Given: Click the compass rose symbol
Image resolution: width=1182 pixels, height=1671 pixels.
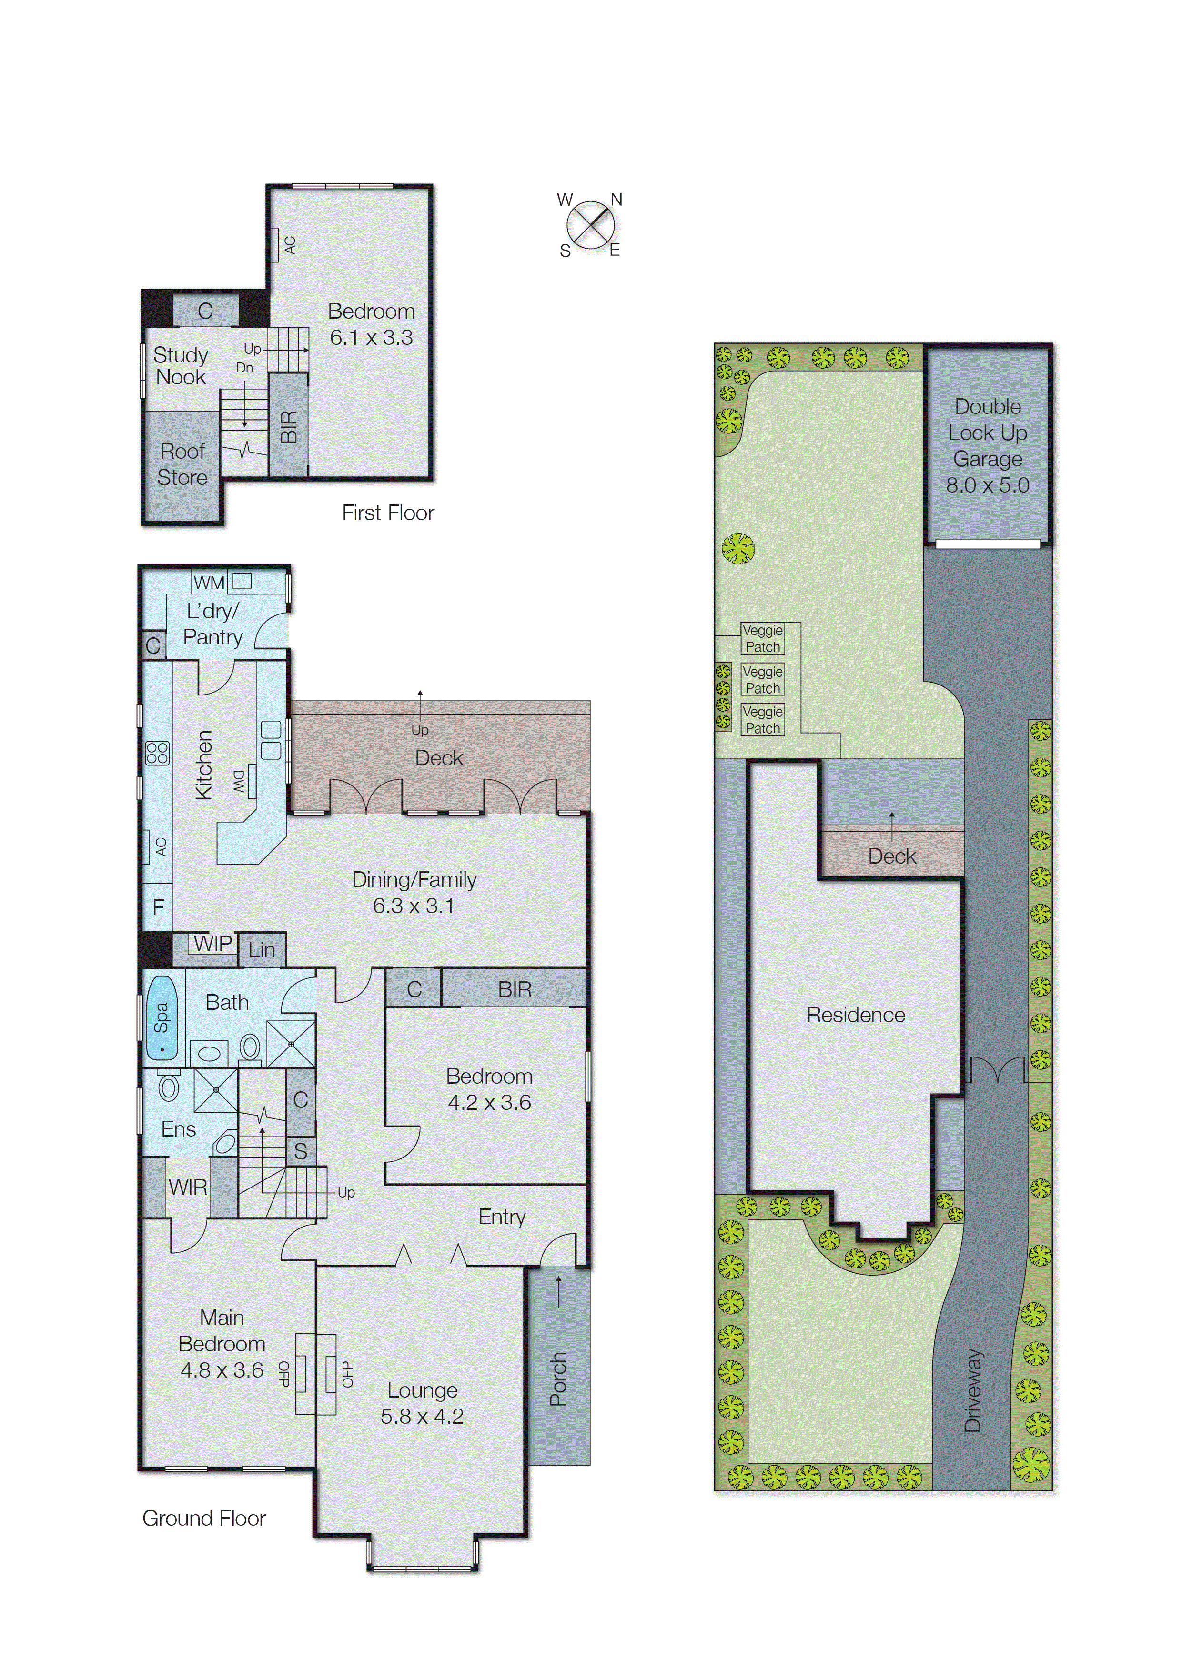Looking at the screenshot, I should pyautogui.click(x=590, y=224).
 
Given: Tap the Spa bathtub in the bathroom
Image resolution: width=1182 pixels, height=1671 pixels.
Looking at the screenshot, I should pyautogui.click(x=162, y=1017).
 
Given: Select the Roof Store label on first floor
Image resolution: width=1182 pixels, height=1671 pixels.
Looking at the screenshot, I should pyautogui.click(x=182, y=464).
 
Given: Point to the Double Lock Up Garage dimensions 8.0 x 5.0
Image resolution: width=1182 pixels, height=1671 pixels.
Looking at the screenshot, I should pyautogui.click(x=987, y=485).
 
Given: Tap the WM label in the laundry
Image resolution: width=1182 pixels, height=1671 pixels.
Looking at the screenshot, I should pyautogui.click(x=209, y=583).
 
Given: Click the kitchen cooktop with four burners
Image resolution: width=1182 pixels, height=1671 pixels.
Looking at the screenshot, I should pyautogui.click(x=157, y=753).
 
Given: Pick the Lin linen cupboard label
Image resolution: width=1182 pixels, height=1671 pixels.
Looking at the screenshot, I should pyautogui.click(x=261, y=950).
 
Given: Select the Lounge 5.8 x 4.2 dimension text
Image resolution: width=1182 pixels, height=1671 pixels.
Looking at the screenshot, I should pyautogui.click(x=422, y=1416).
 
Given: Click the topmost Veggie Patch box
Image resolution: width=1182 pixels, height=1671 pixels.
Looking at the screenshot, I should pyautogui.click(x=762, y=638).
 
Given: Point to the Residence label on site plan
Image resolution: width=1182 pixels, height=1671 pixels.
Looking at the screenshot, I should pyautogui.click(x=855, y=1015).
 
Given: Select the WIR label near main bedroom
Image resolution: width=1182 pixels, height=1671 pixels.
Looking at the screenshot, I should pyautogui.click(x=188, y=1187).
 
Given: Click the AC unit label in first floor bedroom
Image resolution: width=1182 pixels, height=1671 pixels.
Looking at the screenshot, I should pyautogui.click(x=290, y=244).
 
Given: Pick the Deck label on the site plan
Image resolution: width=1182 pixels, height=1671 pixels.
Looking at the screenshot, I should pyautogui.click(x=891, y=856).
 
